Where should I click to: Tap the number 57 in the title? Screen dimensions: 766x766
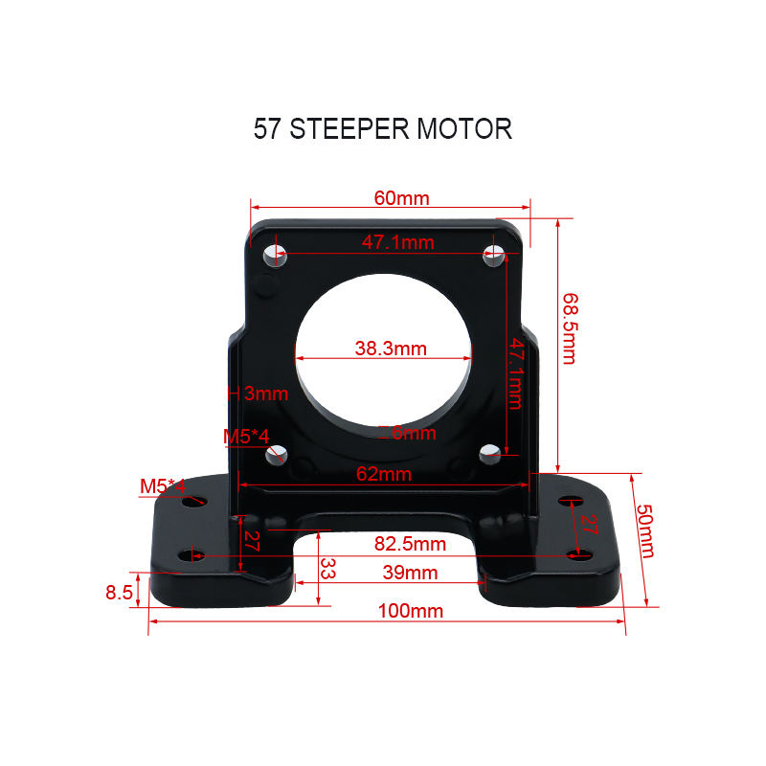coord(268,129)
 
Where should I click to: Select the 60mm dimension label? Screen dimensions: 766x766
coord(401,199)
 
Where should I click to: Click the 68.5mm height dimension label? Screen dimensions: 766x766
coord(569,327)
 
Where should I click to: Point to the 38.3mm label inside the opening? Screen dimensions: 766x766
coord(391,349)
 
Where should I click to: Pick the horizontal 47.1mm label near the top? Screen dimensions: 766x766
coord(397,242)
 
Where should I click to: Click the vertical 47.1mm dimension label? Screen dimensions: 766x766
coord(516,373)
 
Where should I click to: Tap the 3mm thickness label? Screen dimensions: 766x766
coord(265,393)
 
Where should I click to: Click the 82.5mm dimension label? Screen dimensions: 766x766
coord(410,544)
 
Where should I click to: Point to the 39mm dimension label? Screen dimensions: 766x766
coord(410,573)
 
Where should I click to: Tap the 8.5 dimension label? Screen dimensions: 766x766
coord(119,593)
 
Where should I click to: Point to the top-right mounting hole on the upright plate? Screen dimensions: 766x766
coord(493,254)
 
